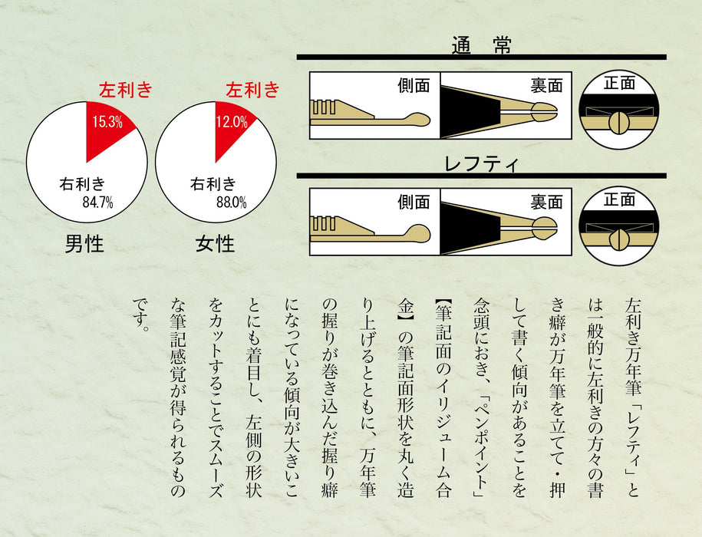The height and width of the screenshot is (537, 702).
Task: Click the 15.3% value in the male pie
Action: pos(108,121)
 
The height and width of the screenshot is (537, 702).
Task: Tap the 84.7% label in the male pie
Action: pos(97,203)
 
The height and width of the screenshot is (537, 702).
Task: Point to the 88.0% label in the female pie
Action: pos(229,203)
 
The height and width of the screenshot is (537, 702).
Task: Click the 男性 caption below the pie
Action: pos(84,245)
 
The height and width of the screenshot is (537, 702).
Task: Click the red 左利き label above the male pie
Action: pos(126,91)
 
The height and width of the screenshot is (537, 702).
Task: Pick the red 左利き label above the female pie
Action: pos(252,91)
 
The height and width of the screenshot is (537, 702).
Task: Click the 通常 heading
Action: pos(481,44)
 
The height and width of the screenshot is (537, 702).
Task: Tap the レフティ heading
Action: pos(482,163)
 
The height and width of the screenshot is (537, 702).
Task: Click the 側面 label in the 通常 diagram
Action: pos(414,85)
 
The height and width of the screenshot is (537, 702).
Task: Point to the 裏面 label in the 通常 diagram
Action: pos(546,85)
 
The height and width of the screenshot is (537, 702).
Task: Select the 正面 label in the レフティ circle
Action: pos(619,199)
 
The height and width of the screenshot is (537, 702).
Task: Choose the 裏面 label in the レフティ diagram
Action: pos(546,202)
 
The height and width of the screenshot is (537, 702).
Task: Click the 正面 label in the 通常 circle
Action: pos(619,83)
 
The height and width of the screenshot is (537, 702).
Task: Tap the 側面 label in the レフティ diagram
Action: pos(414,202)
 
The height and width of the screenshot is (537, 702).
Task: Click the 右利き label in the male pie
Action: pos(82,184)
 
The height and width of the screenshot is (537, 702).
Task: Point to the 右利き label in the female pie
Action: pos(213,184)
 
